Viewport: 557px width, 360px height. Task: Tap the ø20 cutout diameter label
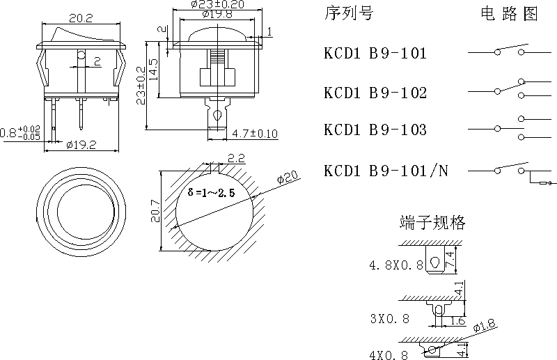point(288,178)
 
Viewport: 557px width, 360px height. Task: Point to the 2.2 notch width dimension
point(235,158)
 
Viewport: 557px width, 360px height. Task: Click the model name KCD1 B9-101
point(375,53)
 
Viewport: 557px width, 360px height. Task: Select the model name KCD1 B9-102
point(375,93)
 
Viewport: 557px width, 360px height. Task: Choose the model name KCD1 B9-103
point(375,130)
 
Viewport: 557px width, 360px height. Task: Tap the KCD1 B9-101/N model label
point(386,171)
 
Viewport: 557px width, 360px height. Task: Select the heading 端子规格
point(432,223)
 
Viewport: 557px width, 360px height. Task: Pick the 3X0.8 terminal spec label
point(389,319)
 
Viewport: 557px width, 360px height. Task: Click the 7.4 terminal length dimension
point(450,260)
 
